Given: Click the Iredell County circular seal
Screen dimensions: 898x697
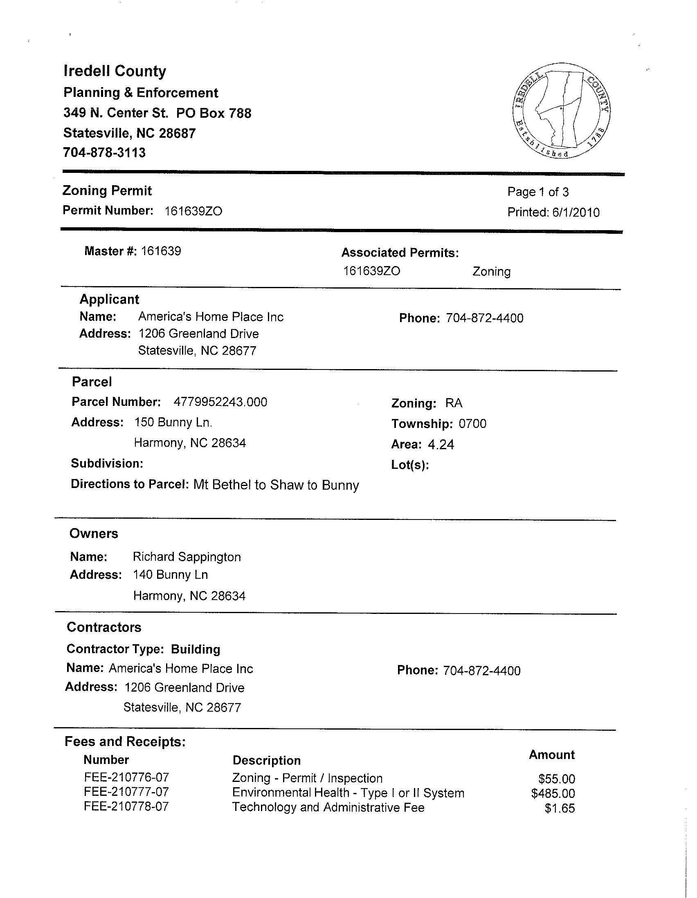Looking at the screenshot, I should click(x=562, y=111).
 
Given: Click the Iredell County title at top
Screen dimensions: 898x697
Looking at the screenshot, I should click(x=115, y=71).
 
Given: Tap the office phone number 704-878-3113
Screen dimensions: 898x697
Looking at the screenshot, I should click(x=104, y=153).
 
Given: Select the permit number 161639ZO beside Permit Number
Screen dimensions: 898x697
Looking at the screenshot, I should click(x=193, y=211).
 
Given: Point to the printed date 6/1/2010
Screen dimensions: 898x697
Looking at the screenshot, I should click(x=576, y=213).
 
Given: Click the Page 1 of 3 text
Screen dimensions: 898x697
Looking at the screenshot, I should click(x=538, y=192).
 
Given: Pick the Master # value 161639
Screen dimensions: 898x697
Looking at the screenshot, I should click(x=161, y=251).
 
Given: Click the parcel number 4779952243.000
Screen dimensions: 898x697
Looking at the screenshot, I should click(x=220, y=402).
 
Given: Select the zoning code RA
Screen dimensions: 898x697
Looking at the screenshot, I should click(x=454, y=403).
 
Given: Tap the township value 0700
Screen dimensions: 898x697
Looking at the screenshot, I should click(x=472, y=424).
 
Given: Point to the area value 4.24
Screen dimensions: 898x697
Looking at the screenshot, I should click(x=441, y=445).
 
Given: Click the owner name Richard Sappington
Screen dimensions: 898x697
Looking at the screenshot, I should click(x=187, y=557).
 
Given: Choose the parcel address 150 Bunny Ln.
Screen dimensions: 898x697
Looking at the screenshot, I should click(x=173, y=423).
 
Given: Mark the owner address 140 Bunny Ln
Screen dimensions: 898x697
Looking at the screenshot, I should click(x=170, y=575).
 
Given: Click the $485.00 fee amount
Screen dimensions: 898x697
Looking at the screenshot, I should click(x=553, y=793).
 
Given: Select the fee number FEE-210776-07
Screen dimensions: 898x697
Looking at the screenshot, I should click(x=126, y=777).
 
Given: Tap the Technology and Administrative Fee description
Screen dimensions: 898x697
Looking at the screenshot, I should click(x=328, y=808).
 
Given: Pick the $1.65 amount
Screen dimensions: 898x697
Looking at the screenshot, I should click(x=560, y=808).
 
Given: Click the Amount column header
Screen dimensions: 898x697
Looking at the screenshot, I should click(x=551, y=755).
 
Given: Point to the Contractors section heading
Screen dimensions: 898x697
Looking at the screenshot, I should click(x=103, y=627).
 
